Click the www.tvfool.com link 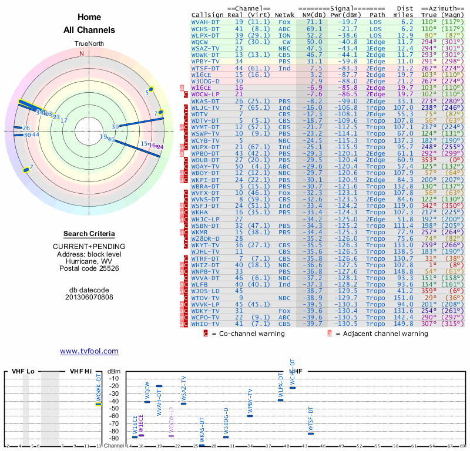point(89,351)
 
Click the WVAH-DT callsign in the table point(206,21)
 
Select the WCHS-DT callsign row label point(206,28)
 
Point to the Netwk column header point(284,14)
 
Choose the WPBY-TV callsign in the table point(206,61)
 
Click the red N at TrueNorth point(82,53)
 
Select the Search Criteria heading point(89,234)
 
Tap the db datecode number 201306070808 point(89,297)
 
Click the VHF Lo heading point(23,371)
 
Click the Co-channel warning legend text point(248,334)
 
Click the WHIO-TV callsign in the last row point(206,324)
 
